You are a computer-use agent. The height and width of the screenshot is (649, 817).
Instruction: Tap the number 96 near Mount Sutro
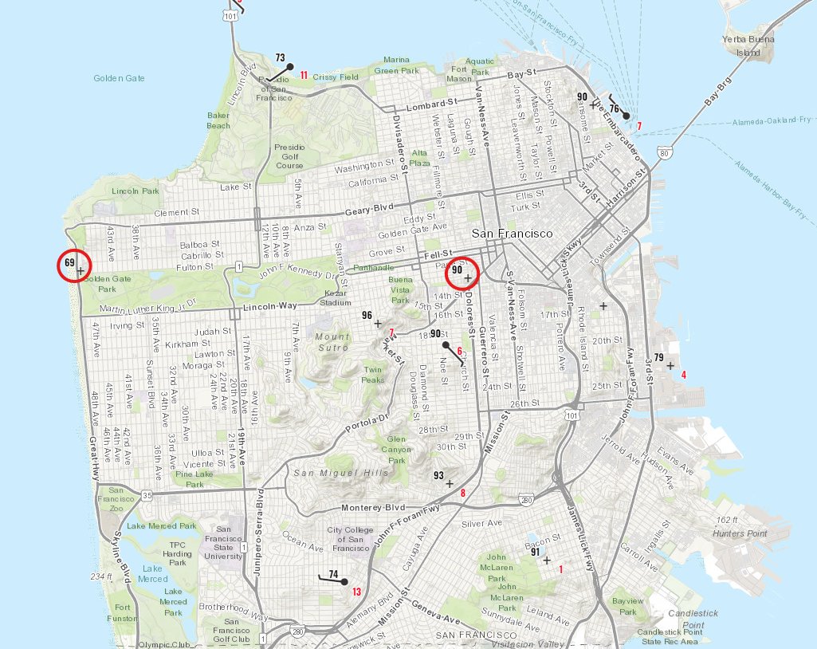point(367,316)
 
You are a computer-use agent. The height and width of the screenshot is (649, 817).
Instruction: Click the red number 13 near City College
point(356,592)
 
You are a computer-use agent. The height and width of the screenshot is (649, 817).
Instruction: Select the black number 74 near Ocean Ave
point(333,574)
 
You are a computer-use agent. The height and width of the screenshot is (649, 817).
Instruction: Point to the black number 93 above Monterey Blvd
point(438,475)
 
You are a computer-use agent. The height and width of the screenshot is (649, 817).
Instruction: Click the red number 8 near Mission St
point(462,494)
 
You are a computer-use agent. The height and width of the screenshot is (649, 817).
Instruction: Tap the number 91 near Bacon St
point(536,552)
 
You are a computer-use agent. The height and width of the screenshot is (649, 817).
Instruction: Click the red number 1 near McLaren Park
point(561,568)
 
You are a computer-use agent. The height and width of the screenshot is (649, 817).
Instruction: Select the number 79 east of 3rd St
point(658,357)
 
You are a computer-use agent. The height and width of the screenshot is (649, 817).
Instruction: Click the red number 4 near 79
point(683,374)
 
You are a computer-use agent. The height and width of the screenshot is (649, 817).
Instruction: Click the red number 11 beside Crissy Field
point(304,76)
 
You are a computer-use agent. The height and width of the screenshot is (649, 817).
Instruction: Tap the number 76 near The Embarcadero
point(614,108)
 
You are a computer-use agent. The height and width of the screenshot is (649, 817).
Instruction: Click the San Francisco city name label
point(512,234)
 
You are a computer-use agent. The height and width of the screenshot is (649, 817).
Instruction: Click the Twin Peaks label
point(372,375)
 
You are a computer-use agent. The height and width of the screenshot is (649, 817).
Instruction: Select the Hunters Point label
point(740,533)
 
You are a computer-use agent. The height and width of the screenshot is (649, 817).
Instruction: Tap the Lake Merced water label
point(152,573)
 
